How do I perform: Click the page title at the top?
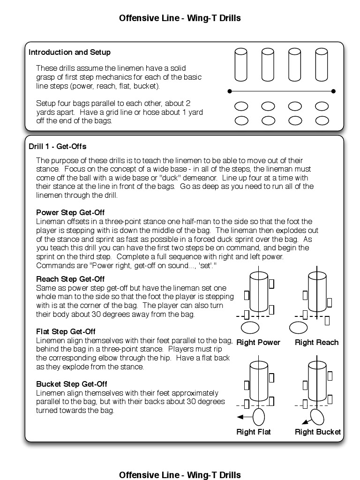(180, 18)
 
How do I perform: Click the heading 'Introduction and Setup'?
(69, 52)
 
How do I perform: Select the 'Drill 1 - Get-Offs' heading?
(58, 147)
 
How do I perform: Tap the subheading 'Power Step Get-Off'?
(70, 212)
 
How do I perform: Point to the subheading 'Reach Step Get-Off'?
(70, 279)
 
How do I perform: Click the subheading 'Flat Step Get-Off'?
(66, 332)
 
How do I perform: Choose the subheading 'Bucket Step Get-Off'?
(72, 384)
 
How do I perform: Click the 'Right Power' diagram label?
(258, 343)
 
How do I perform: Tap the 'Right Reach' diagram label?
(316, 343)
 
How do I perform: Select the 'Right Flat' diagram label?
(254, 432)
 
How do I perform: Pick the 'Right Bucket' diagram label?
(318, 432)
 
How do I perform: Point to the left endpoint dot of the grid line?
(229, 91)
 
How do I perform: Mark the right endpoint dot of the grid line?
(333, 91)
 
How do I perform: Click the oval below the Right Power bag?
(250, 327)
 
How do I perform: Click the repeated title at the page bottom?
(180, 475)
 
